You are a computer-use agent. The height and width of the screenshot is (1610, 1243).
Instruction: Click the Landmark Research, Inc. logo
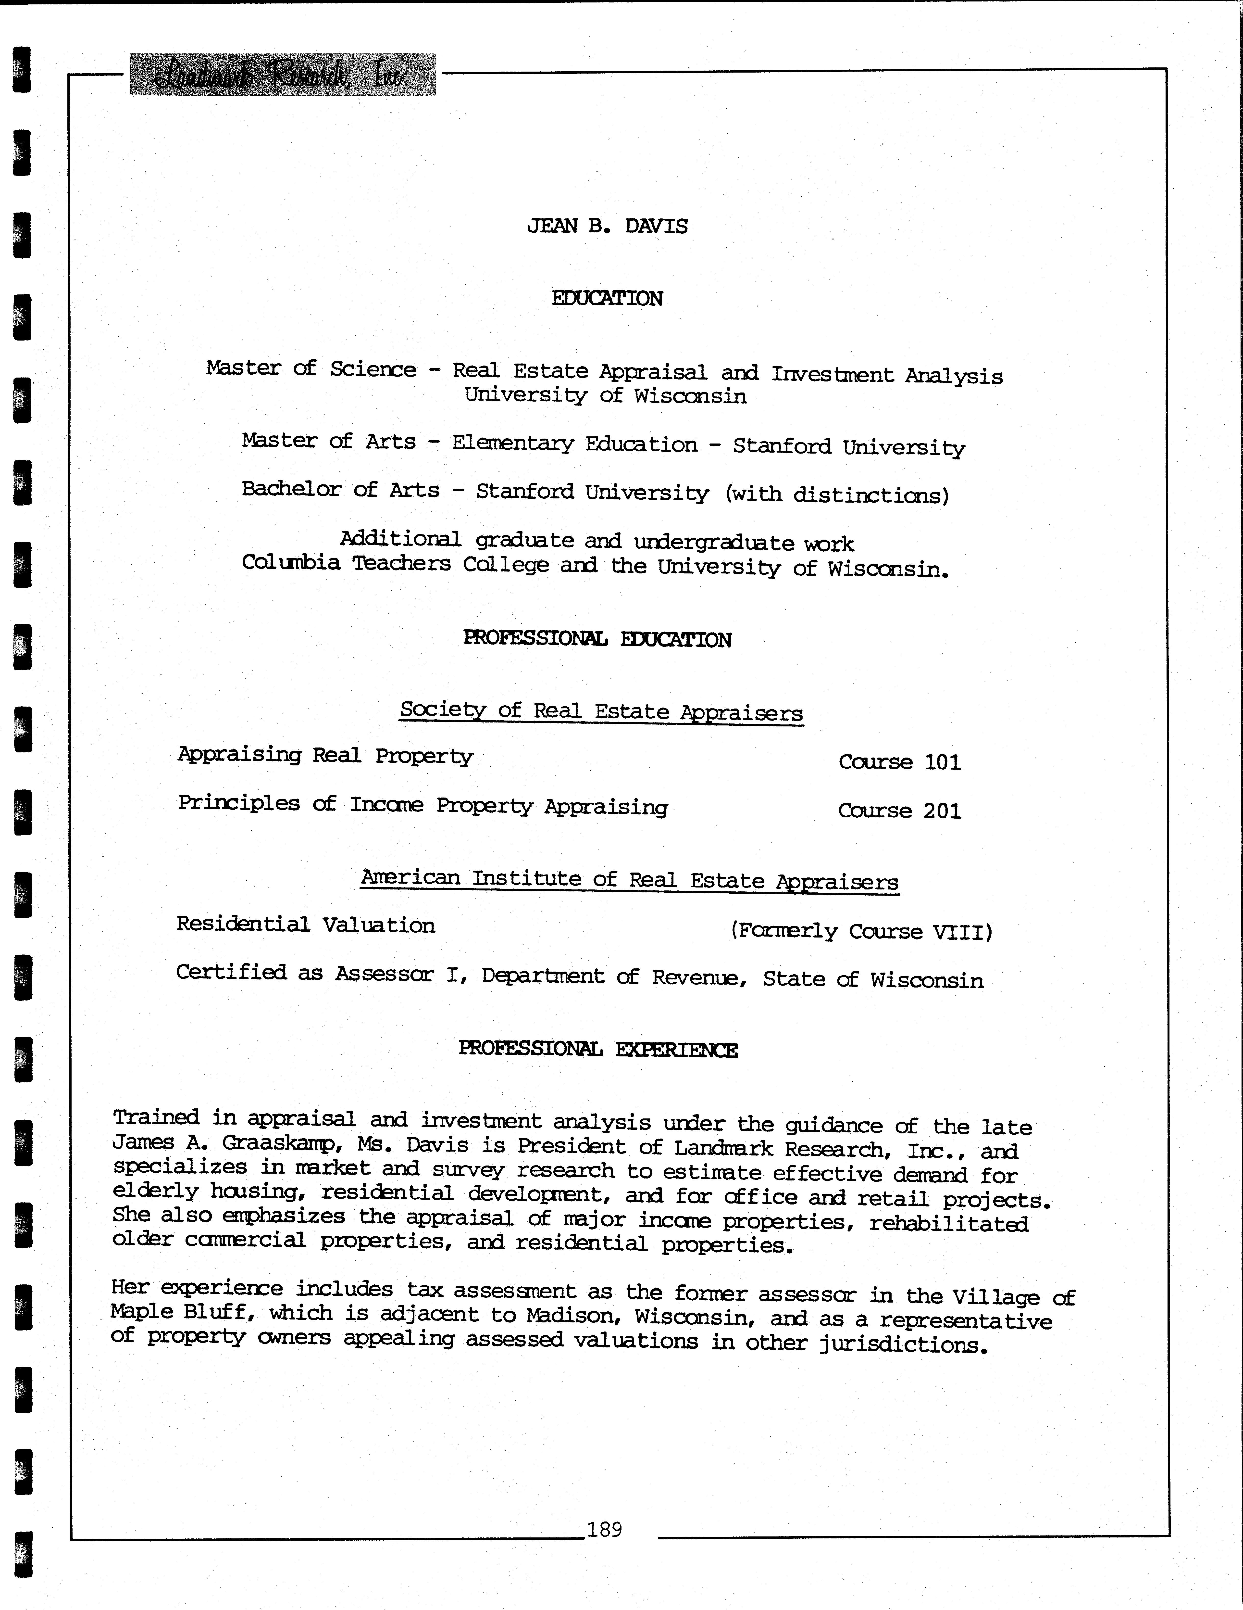(282, 75)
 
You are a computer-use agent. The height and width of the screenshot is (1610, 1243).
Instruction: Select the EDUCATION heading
(607, 299)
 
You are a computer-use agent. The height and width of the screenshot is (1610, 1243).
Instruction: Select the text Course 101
(900, 761)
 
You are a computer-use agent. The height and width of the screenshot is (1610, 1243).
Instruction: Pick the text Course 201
(900, 811)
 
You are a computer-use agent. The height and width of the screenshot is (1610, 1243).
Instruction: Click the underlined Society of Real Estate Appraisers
(601, 711)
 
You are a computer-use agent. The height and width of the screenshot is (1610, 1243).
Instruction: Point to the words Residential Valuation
(306, 925)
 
